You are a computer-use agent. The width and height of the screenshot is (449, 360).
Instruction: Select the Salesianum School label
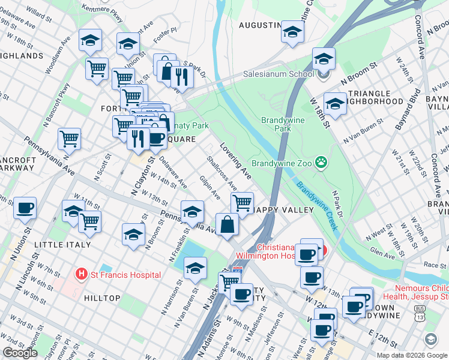[x=278, y=74]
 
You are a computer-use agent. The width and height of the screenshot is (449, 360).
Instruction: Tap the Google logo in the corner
[x=20, y=353]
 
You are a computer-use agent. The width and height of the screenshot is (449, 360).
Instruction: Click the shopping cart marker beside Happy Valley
[x=242, y=202]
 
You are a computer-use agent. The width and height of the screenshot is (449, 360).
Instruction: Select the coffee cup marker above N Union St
[x=25, y=208]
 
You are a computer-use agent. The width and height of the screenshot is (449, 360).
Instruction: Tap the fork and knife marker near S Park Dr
[x=182, y=76]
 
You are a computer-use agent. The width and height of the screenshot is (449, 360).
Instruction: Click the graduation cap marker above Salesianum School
[x=324, y=59]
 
